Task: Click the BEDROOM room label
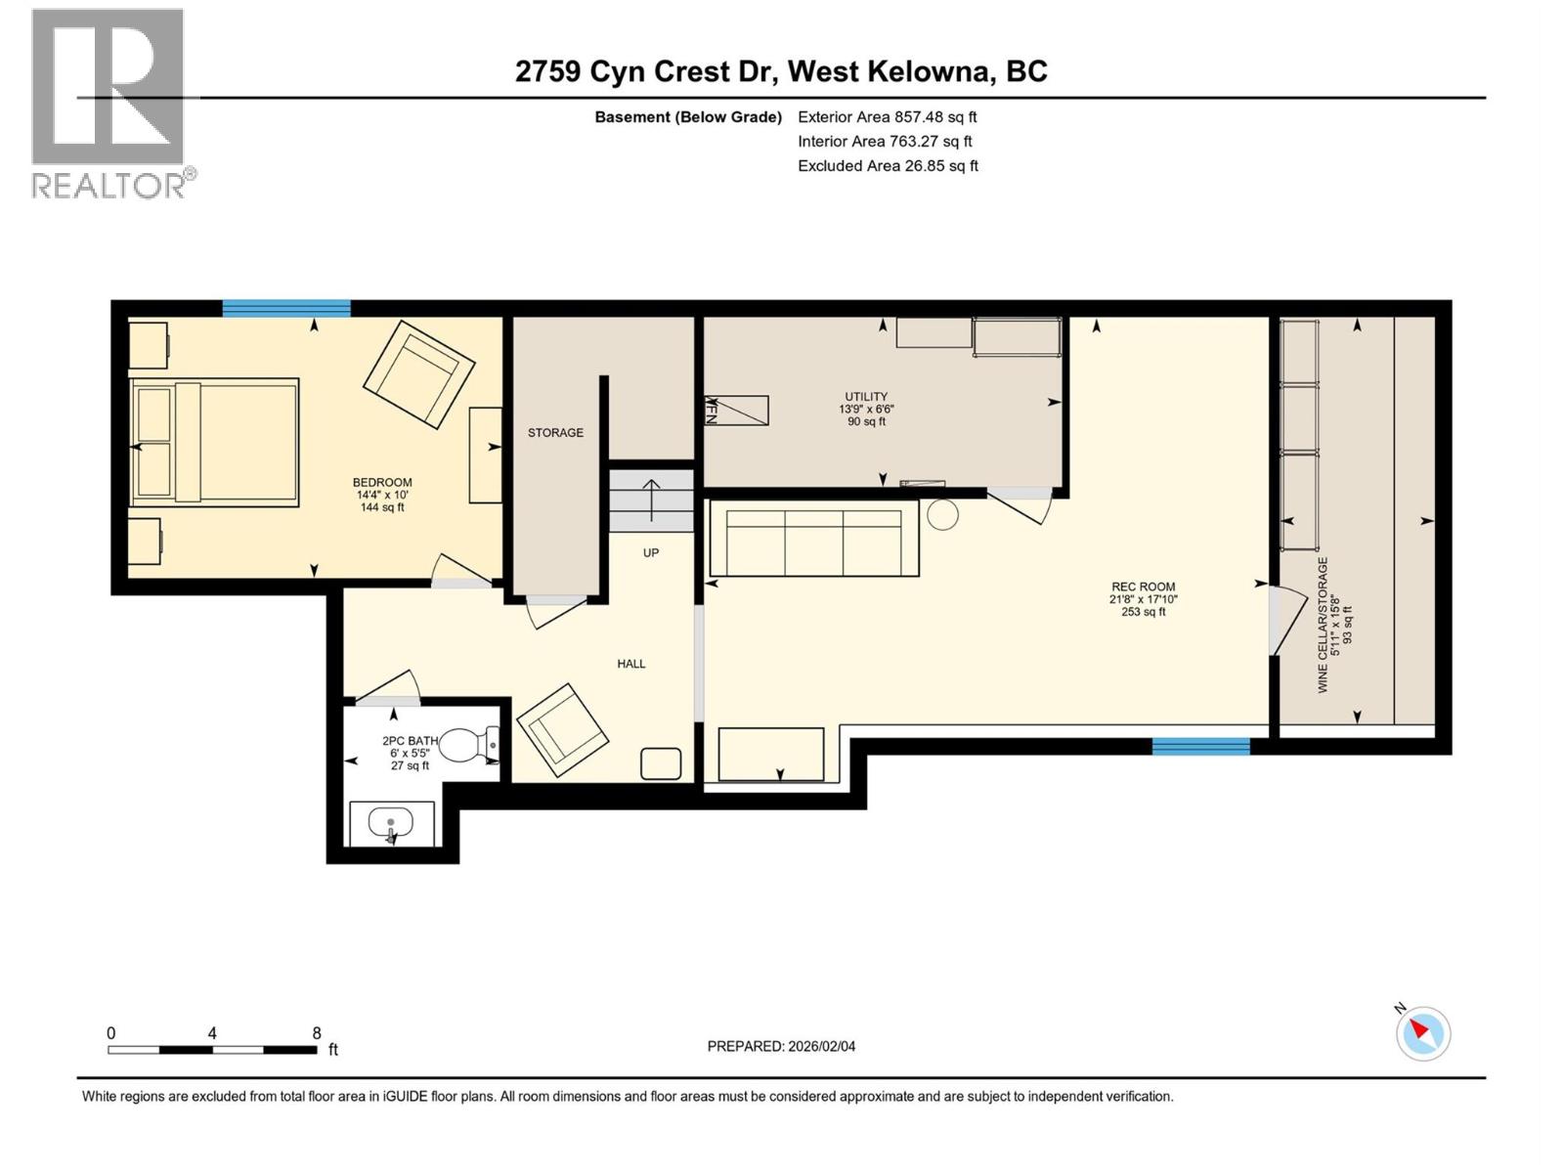382,483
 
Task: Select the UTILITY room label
866,398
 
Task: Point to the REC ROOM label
1143,587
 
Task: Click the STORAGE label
555,433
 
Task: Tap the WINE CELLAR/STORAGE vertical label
1323,626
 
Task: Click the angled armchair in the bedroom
418,373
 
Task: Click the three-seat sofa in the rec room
813,539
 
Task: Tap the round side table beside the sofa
942,514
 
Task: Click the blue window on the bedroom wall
286,309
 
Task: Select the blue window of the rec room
1200,747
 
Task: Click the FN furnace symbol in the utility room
736,411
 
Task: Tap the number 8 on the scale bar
316,1033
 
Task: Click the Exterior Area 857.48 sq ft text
887,117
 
